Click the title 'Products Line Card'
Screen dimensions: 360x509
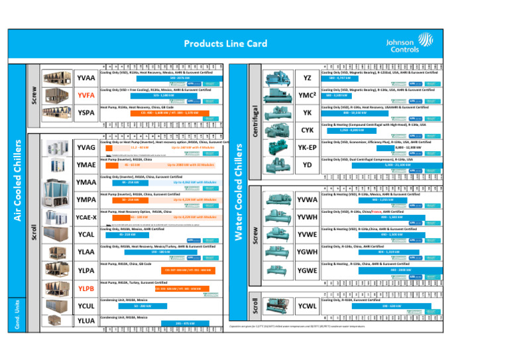tap(225, 44)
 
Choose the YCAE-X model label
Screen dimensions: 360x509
tap(85, 217)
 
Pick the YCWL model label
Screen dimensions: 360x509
tap(306, 307)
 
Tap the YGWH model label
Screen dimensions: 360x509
tap(306, 253)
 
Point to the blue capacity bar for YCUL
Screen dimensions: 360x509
tap(140, 306)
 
